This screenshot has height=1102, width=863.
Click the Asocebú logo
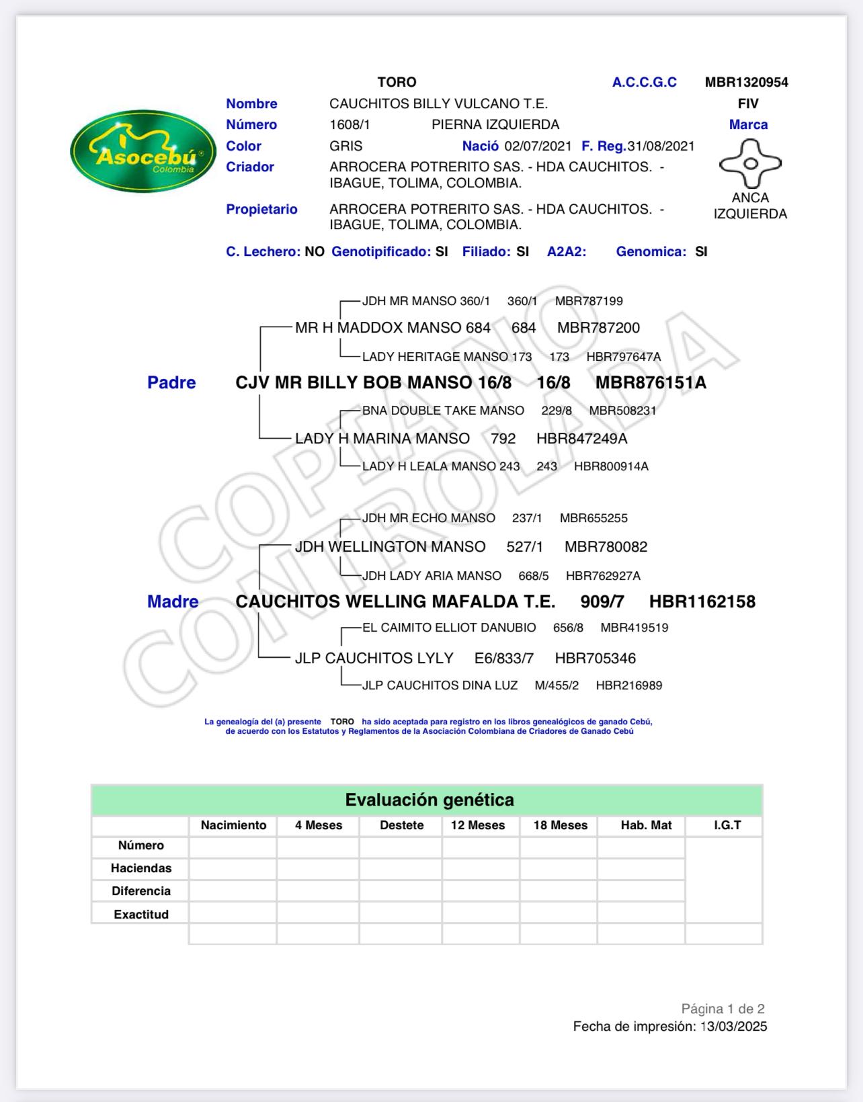coord(143,151)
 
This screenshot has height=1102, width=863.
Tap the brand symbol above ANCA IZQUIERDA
coord(750,163)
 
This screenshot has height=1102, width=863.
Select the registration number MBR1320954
coord(746,82)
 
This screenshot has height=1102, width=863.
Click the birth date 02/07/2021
coord(538,146)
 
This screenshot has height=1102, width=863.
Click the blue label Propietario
coord(261,209)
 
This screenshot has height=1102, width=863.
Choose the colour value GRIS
coord(345,146)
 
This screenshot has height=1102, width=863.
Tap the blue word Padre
coord(171,382)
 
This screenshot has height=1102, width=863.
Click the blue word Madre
coord(173,601)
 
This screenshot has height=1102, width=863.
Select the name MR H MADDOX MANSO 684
coord(393,328)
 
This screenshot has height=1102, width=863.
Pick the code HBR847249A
coord(581,439)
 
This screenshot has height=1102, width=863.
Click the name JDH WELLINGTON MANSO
coord(390,547)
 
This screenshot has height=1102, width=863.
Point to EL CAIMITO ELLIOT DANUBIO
coord(449,628)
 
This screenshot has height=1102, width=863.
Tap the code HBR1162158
coord(702,601)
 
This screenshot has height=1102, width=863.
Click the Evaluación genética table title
coord(429,800)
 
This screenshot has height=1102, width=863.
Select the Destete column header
coord(401,825)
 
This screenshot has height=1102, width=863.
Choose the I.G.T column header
coord(727,825)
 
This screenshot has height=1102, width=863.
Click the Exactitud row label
coord(141,914)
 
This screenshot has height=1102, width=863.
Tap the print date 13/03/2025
coord(733,1026)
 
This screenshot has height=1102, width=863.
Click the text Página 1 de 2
coord(723,1009)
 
